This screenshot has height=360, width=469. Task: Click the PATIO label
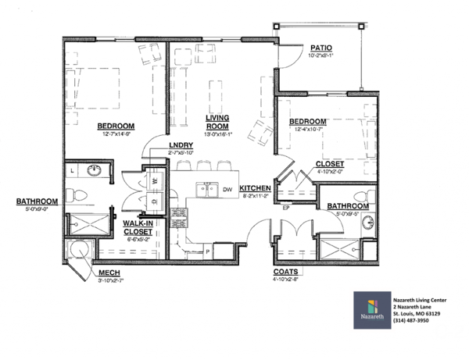(322, 48)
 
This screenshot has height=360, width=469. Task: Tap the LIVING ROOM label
(217, 122)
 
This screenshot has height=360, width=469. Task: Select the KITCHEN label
(255, 189)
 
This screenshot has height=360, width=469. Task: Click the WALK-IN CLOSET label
(138, 227)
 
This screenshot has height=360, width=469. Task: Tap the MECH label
(108, 273)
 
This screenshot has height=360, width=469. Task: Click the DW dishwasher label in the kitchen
(227, 189)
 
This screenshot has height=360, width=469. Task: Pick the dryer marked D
(155, 200)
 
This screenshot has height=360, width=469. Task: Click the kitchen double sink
(207, 188)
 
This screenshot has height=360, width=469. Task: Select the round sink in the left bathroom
(94, 169)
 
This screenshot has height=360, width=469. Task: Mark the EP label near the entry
(286, 209)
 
